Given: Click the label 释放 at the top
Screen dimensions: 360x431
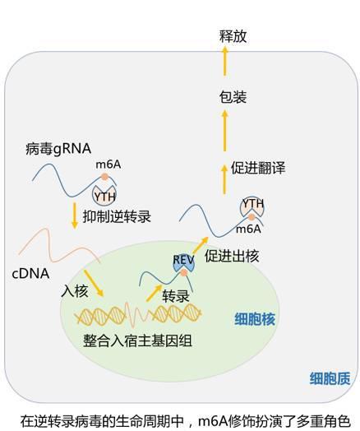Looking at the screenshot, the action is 233,36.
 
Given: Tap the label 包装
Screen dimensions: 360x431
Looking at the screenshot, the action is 233,97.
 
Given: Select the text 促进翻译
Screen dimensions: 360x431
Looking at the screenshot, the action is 258,168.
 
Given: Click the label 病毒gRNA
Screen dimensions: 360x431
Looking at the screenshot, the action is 58,149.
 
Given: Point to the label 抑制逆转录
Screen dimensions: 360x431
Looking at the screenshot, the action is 117,216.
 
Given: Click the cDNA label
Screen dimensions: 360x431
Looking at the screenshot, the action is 30,274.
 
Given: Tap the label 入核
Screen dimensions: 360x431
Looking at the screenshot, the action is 75,290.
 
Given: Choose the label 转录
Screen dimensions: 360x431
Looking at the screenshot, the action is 176,296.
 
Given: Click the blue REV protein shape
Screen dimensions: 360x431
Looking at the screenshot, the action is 183,263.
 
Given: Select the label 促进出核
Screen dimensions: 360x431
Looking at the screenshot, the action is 232,256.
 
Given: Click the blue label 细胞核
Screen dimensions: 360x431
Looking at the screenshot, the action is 255,319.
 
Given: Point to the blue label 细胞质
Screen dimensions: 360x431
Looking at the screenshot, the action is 330,378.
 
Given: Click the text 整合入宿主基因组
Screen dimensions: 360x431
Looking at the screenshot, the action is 137,341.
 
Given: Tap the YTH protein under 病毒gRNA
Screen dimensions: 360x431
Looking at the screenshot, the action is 104,195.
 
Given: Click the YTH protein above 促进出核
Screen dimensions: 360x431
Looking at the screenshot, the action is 252,207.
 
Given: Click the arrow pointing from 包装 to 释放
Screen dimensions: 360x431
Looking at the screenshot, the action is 225,61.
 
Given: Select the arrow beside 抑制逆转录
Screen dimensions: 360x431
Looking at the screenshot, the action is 74,215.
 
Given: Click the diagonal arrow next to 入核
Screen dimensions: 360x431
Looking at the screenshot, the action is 94,283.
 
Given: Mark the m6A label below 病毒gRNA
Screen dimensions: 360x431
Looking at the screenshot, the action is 108,165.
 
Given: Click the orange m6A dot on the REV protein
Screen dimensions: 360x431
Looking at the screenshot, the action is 184,273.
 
